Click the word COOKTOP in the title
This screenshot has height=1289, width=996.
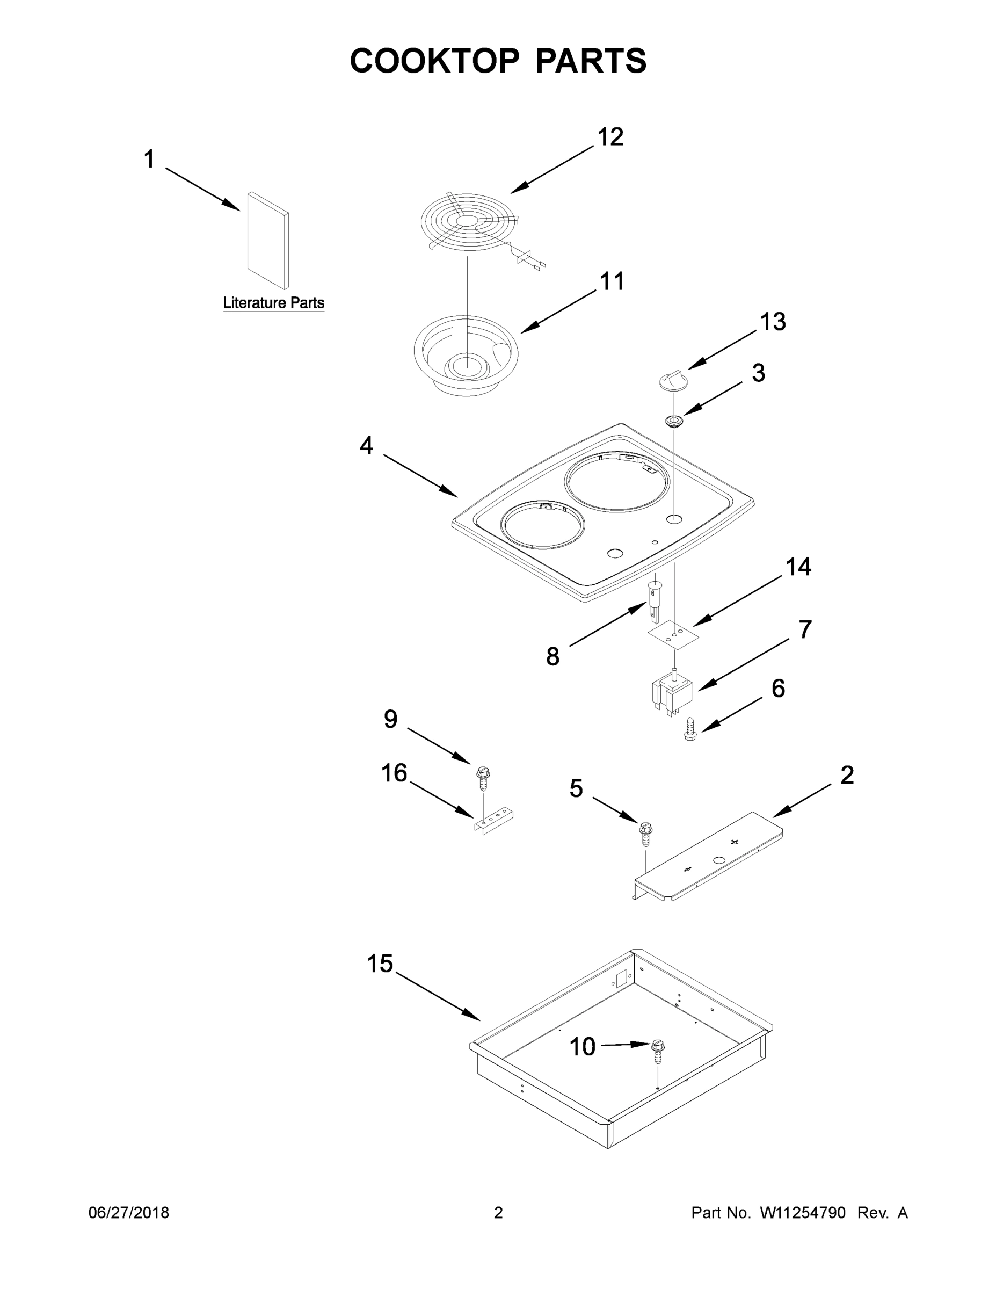(434, 61)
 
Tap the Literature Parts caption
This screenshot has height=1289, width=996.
(273, 303)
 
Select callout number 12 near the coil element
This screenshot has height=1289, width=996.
(610, 137)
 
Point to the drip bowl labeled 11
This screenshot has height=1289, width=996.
(466, 360)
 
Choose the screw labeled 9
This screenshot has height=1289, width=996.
(483, 778)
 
